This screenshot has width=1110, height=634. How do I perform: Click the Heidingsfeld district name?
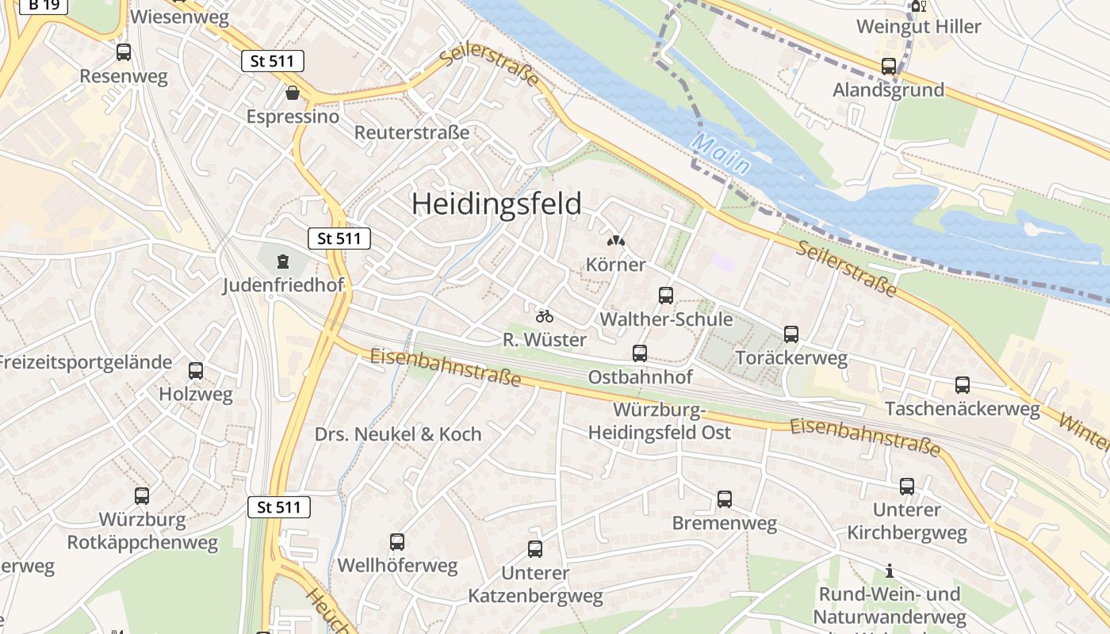[496, 204]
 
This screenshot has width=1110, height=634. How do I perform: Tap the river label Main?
[721, 155]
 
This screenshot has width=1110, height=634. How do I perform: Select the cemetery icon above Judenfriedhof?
[283, 262]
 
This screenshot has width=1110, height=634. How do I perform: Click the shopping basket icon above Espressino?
[293, 93]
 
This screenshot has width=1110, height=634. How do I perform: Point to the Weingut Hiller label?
[918, 26]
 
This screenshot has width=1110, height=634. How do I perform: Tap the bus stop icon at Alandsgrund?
[889, 67]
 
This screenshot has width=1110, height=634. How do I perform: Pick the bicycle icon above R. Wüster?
[544, 316]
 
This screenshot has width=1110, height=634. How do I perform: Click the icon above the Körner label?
[615, 240]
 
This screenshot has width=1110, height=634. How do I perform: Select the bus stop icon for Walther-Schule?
[666, 296]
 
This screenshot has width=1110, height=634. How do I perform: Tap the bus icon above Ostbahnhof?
[640, 353]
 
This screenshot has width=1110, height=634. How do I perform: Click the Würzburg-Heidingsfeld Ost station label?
[660, 422]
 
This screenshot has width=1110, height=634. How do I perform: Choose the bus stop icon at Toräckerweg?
[790, 334]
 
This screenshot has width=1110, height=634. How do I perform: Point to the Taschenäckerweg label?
[962, 409]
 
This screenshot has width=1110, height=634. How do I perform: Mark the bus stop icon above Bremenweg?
[725, 499]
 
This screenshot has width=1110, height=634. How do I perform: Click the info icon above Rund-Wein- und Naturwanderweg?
[890, 571]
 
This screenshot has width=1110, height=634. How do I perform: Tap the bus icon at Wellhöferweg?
[397, 542]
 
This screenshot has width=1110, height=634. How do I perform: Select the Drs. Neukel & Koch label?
[398, 434]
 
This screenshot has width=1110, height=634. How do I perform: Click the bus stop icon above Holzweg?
[196, 370]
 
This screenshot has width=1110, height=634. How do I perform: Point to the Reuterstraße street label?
[411, 132]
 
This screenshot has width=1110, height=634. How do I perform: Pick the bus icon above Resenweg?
[124, 52]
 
